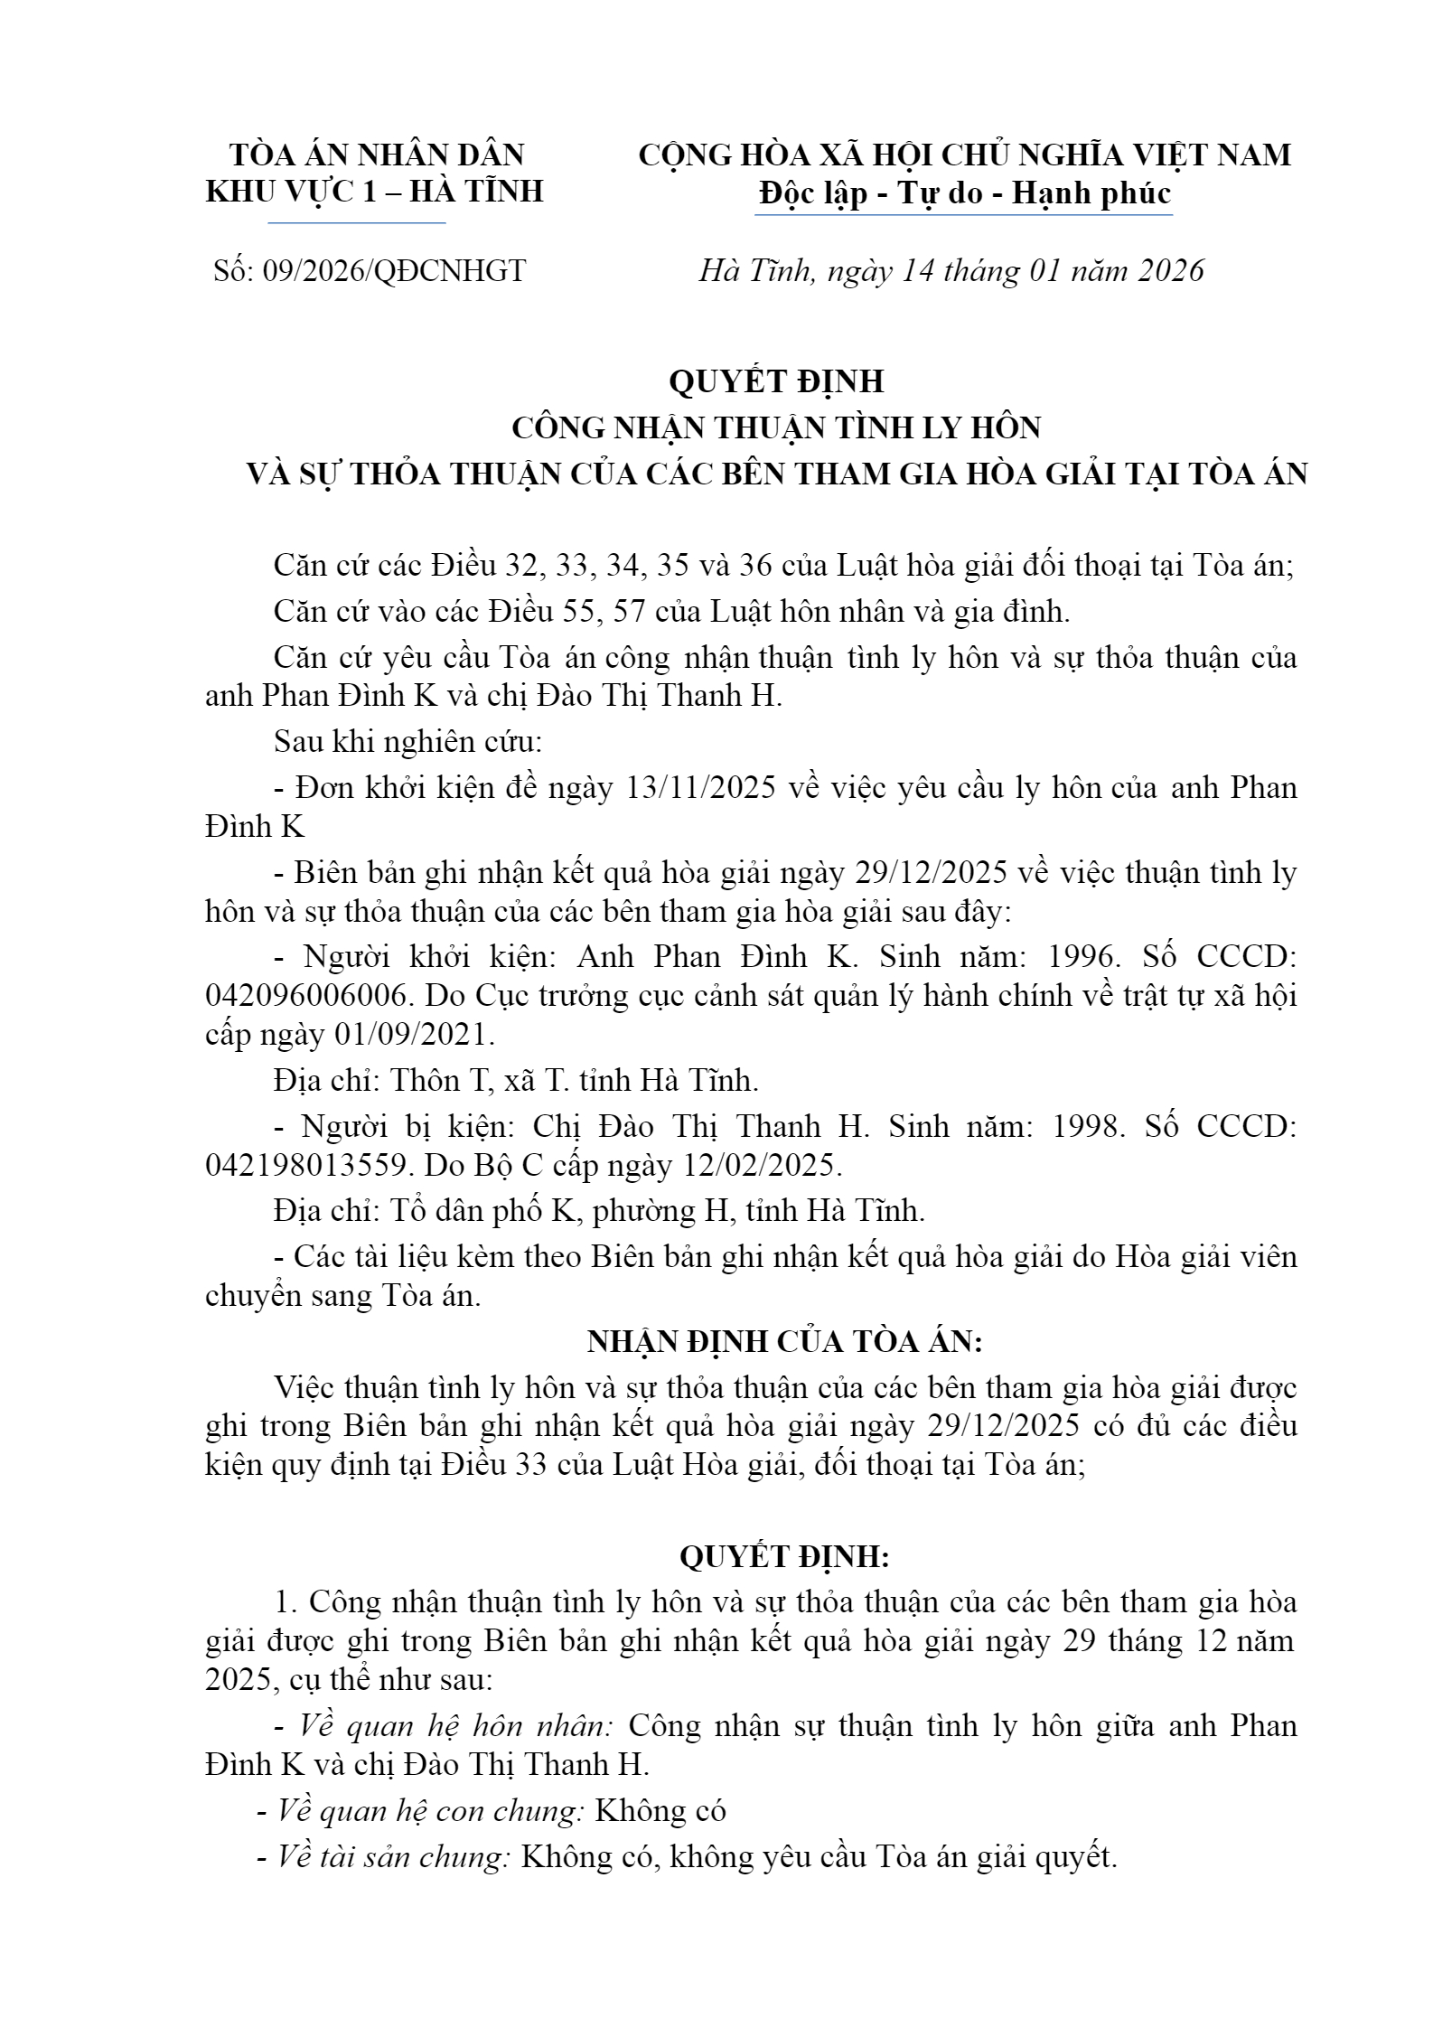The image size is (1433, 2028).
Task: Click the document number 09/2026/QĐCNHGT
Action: [393, 271]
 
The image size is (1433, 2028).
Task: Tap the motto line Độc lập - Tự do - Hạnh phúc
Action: [965, 193]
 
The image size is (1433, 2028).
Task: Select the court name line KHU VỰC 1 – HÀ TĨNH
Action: [374, 192]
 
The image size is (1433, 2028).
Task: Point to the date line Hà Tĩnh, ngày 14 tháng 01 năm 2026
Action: [951, 271]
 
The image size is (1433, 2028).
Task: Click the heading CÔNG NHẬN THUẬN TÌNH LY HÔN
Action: [777, 427]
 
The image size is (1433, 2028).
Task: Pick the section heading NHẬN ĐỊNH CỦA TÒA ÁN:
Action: [784, 1342]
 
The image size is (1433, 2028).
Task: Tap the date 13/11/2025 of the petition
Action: [700, 788]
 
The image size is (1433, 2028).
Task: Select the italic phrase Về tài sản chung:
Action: [395, 1857]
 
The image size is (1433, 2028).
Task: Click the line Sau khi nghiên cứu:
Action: [408, 742]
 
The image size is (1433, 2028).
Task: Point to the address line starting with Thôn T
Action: [516, 1080]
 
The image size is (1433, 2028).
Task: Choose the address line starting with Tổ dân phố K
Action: [600, 1210]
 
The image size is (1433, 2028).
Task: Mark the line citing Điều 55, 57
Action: [671, 612]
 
